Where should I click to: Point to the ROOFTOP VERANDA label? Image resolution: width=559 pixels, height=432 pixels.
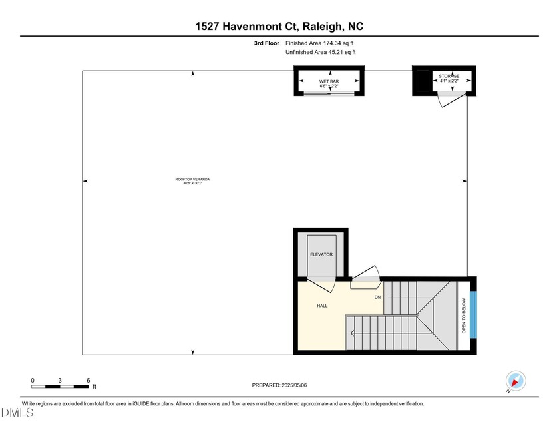(x=188, y=180)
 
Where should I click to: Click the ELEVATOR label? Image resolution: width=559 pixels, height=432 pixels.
(x=321, y=254)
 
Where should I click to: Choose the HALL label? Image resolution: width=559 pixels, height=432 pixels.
(x=321, y=306)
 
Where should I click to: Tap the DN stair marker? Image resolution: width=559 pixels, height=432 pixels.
(x=377, y=297)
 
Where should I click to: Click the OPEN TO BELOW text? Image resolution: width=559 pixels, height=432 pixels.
(x=464, y=313)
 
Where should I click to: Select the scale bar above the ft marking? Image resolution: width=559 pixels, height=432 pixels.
(x=61, y=386)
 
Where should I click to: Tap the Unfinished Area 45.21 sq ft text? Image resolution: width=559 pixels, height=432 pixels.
(x=320, y=52)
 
